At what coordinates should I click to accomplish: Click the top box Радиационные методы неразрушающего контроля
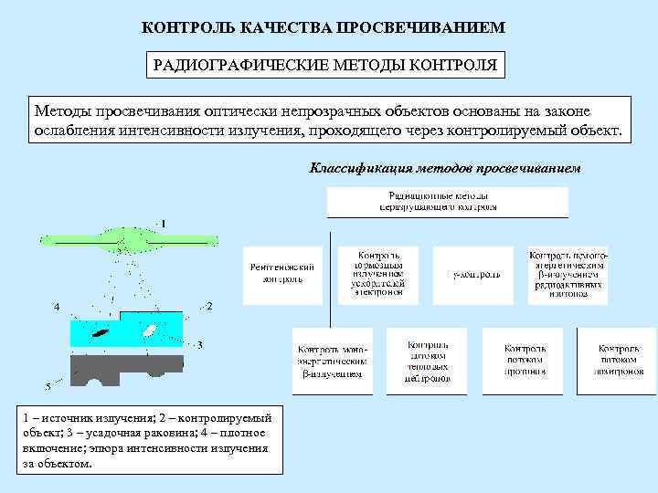click(x=448, y=202)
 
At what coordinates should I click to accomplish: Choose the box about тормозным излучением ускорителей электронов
click(x=378, y=273)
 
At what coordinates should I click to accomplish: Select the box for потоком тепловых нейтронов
click(x=428, y=361)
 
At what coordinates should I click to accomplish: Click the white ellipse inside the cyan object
click(x=148, y=329)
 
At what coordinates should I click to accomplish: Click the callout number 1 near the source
click(x=164, y=223)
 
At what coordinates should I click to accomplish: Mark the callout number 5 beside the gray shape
click(x=48, y=386)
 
